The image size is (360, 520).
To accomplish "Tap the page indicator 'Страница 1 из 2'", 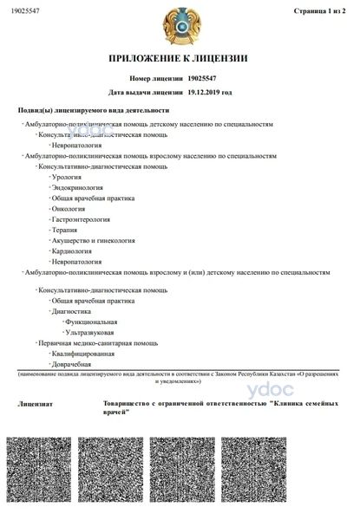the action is click(321, 10).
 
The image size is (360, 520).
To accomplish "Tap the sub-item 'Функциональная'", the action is click(90, 322).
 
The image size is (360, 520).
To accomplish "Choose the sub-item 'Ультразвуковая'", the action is click(90, 332).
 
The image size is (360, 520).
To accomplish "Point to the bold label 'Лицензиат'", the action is click(36, 405).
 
